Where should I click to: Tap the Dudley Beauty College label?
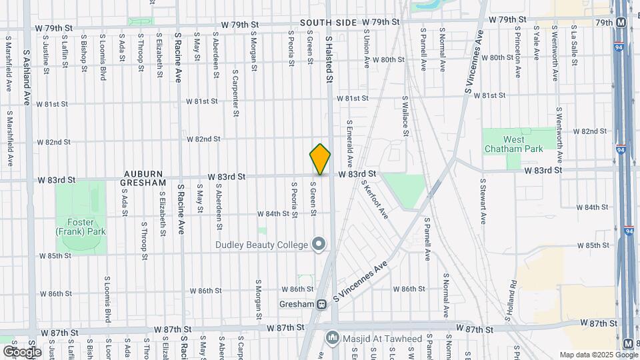pyautogui.click(x=261, y=245)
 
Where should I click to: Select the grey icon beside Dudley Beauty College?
pyautogui.click(x=319, y=245)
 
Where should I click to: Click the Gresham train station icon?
pyautogui.click(x=321, y=304)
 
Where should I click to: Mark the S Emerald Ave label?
pyautogui.click(x=349, y=143)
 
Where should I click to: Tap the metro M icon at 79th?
pyautogui.click(x=621, y=22)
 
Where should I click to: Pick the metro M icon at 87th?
pyautogui.click(x=628, y=343)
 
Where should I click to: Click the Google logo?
pyautogui.click(x=22, y=351)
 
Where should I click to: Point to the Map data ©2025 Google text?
pyautogui.click(x=598, y=355)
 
